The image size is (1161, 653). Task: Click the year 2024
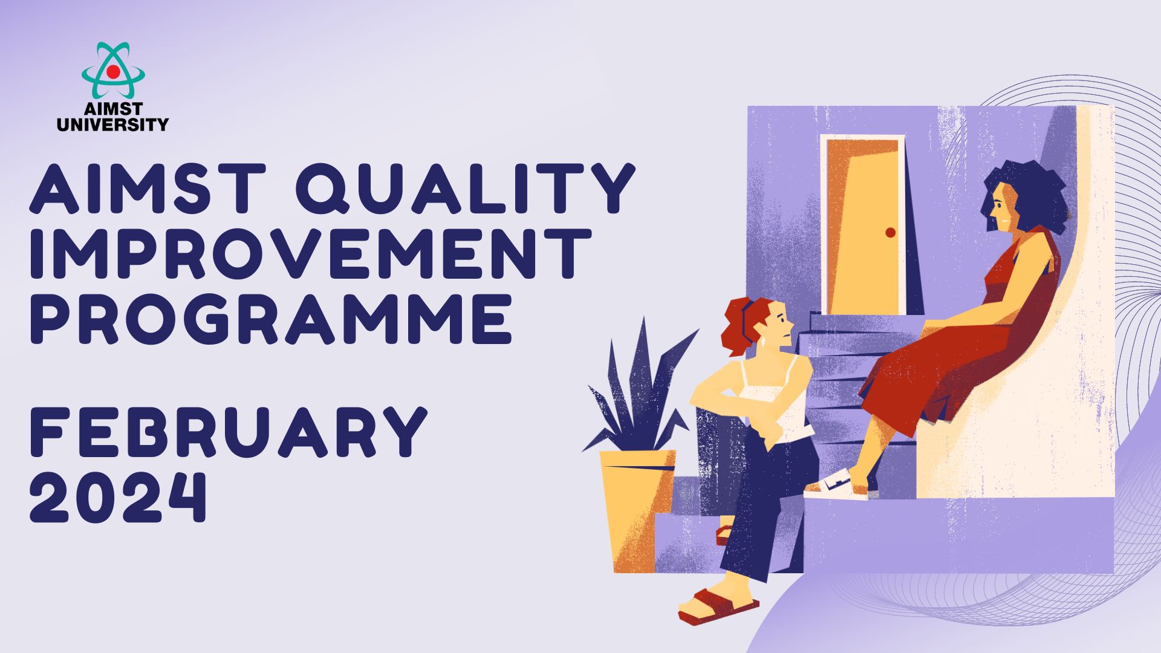point(119,497)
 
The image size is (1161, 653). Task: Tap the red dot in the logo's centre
point(113,71)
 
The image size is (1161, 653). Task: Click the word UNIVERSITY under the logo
point(112,125)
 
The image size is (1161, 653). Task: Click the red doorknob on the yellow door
point(890,233)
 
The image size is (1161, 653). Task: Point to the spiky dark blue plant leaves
point(638,387)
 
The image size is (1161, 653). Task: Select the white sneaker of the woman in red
point(836,486)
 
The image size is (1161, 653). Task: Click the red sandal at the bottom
point(718,606)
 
